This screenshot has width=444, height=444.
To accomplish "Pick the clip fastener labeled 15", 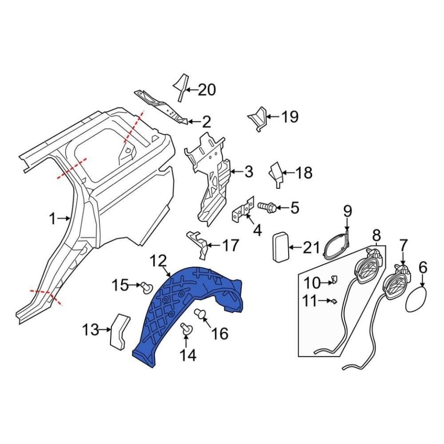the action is pyautogui.click(x=147, y=287).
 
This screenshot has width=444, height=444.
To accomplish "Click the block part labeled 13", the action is pyautogui.click(x=120, y=330).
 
